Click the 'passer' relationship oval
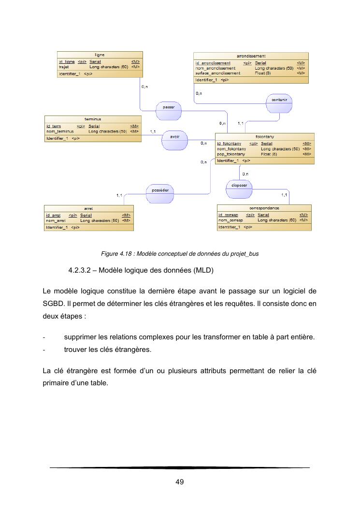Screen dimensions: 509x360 point(169,107)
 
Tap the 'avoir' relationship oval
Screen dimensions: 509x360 point(175,137)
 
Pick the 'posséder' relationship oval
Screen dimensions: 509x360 point(159,190)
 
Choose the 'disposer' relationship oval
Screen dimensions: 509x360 point(239,185)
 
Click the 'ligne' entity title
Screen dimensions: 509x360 point(100,55)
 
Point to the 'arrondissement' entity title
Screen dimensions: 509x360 point(251,56)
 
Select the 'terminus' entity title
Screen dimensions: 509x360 point(93,118)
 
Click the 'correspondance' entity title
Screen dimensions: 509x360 point(264,208)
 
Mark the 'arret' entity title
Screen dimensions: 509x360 point(88,208)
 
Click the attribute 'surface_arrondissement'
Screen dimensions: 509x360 point(217,73)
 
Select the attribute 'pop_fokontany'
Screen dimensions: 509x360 point(231,154)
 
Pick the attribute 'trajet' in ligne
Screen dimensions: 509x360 point(64,67)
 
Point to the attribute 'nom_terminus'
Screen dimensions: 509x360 point(60,131)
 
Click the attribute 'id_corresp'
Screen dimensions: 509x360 point(227,214)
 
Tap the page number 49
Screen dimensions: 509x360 point(179,481)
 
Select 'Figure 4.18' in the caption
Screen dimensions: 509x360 point(115,253)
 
